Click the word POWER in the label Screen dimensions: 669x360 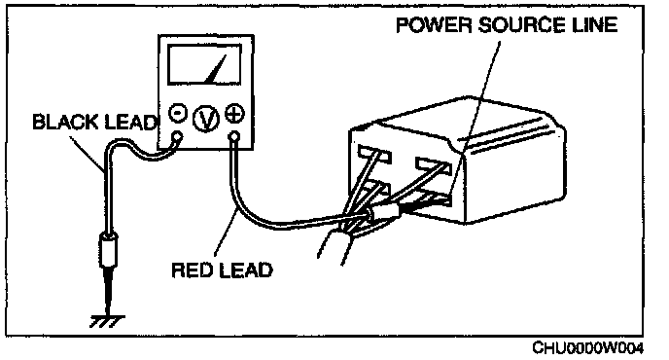[434, 25]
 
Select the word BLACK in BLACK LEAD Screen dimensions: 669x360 [65, 122]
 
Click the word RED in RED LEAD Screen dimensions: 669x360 [193, 270]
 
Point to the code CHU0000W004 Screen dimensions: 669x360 [587, 347]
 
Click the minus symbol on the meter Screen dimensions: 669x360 [178, 113]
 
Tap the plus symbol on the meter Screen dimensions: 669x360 [234, 114]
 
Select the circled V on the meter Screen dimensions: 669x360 [206, 119]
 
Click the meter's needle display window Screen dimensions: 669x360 [204, 64]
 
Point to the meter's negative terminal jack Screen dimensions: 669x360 [177, 137]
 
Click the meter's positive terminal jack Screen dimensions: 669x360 [234, 137]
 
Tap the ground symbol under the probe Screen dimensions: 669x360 [107, 321]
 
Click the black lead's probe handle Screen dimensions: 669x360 [108, 249]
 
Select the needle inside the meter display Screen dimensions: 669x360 [216, 69]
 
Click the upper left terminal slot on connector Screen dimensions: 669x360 [375, 155]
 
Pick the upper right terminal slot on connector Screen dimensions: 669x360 [433, 166]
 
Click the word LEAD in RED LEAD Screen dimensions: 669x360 [246, 270]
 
